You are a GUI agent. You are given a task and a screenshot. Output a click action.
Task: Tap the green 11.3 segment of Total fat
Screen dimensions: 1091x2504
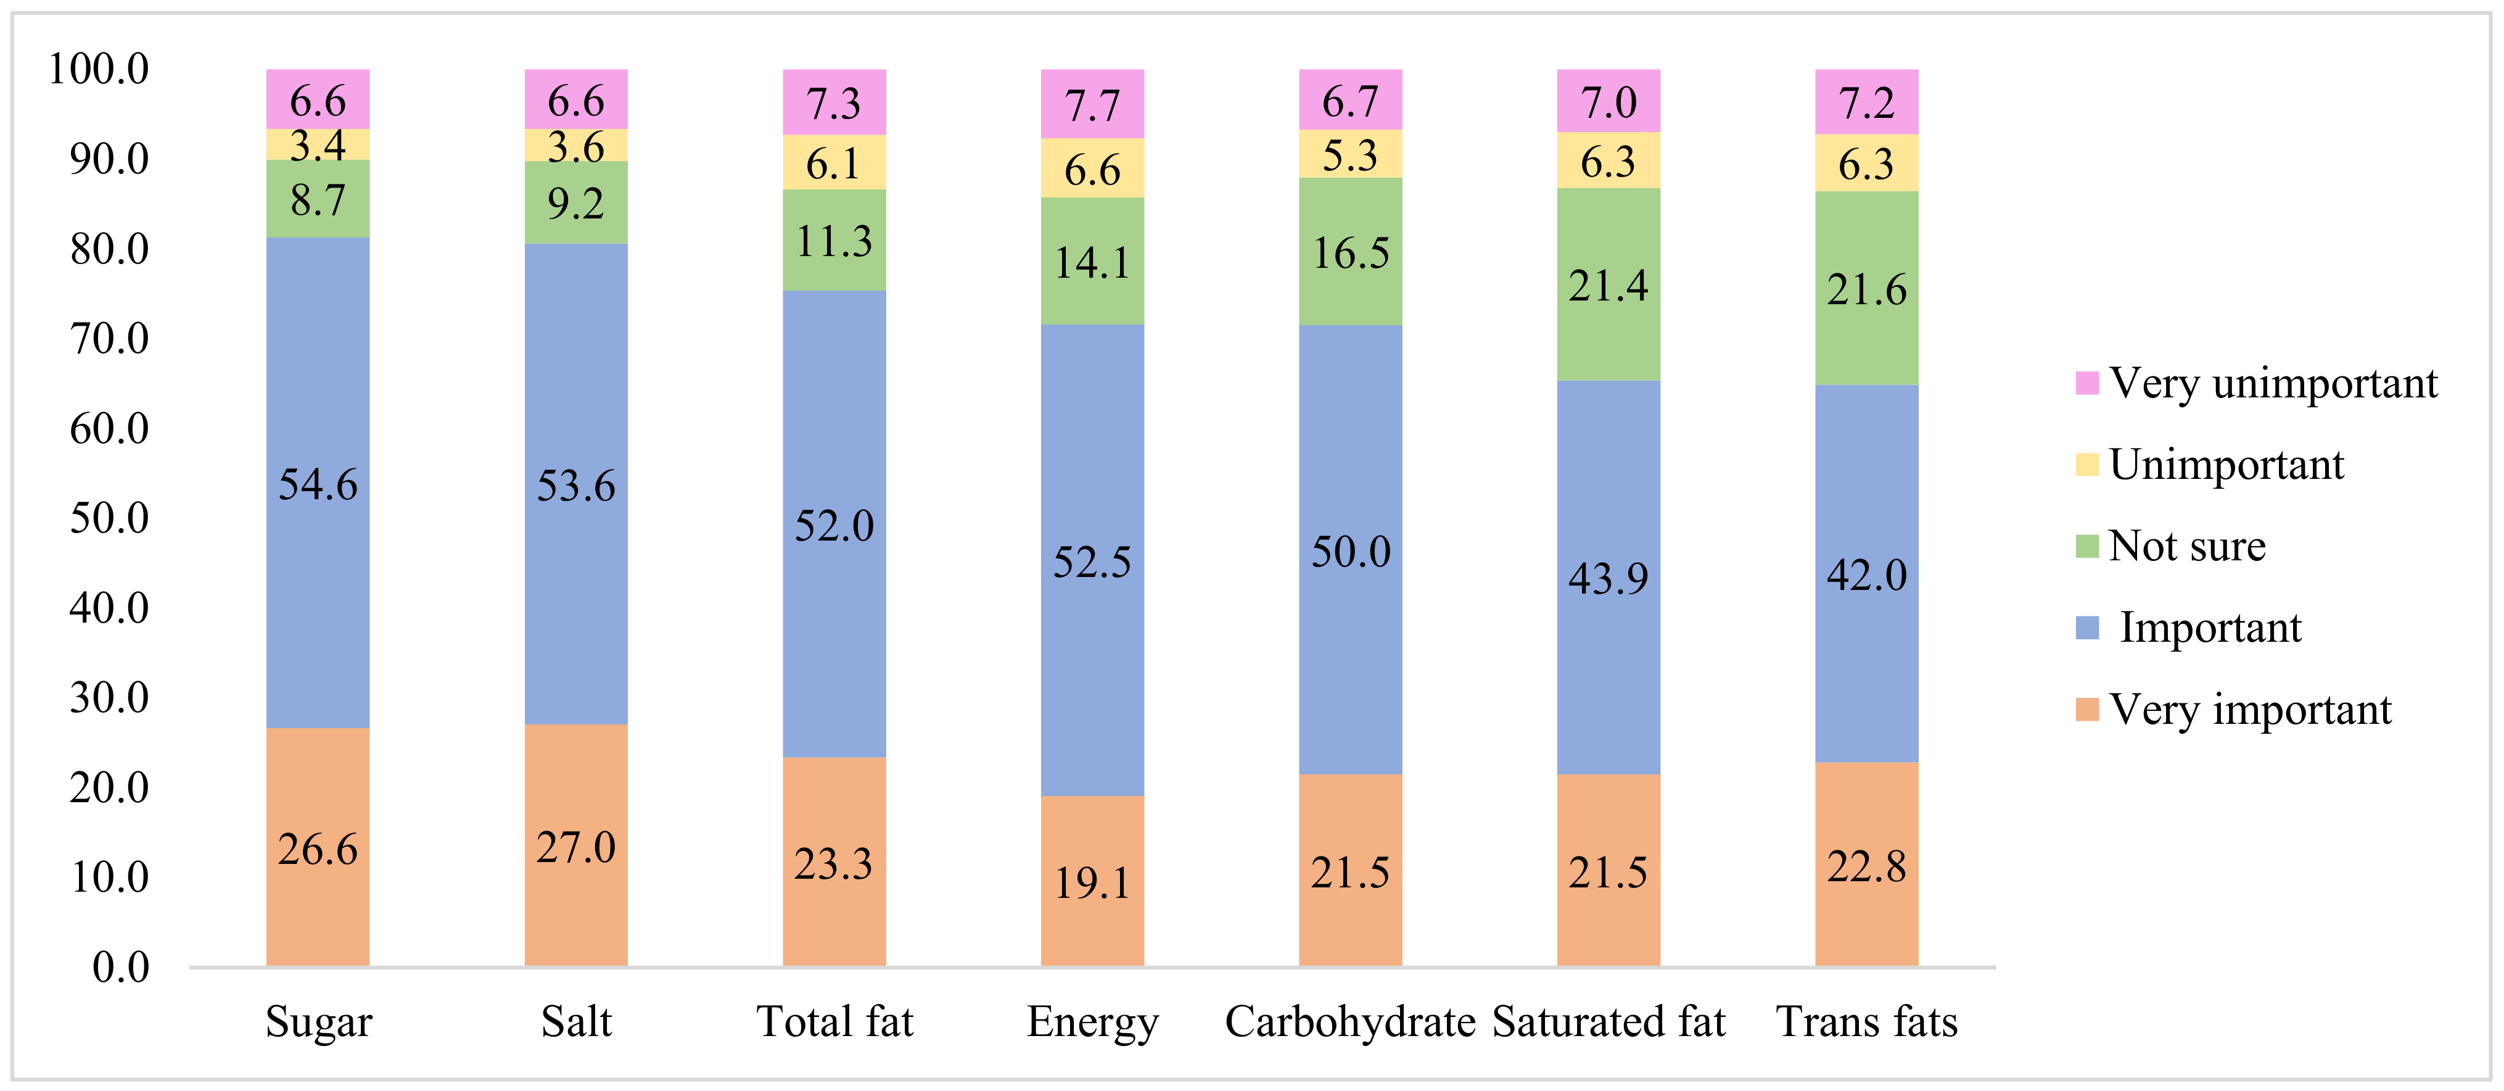pos(834,240)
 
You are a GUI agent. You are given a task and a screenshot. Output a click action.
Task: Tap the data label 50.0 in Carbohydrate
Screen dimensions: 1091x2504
pos(1350,551)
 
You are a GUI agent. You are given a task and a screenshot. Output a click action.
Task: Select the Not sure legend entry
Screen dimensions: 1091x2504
pos(2186,545)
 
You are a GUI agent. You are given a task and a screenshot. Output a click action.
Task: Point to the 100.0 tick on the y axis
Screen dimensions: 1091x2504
pos(99,69)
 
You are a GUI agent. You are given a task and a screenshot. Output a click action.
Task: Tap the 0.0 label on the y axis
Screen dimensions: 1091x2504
pos(120,966)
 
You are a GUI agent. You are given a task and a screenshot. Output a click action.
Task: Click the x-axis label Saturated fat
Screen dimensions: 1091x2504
pos(1608,1022)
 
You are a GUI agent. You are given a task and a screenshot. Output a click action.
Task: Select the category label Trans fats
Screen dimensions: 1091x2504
pos(1866,1022)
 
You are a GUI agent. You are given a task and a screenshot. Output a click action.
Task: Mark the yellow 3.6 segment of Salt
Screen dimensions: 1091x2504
pos(575,146)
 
